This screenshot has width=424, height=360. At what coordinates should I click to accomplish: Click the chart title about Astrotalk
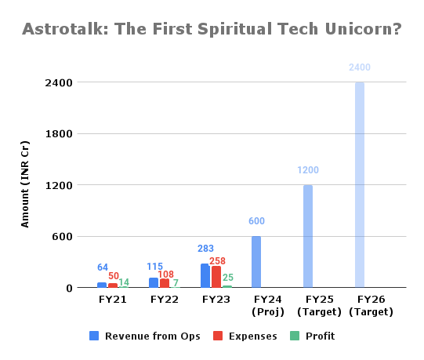pyautogui.click(x=212, y=30)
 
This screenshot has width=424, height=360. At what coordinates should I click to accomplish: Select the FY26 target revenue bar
pyautogui.click(x=360, y=185)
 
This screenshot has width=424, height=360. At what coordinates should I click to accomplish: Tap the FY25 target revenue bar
pyautogui.click(x=308, y=236)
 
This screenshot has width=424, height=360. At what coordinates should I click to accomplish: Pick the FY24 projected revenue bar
pyautogui.click(x=256, y=262)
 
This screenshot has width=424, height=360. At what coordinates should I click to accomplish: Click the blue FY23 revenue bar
pyautogui.click(x=205, y=276)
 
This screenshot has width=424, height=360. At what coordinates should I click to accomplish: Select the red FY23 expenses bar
pyautogui.click(x=216, y=277)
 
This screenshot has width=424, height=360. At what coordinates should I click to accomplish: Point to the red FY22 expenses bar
pyautogui.click(x=164, y=283)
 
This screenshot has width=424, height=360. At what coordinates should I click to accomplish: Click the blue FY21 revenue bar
pyautogui.click(x=102, y=285)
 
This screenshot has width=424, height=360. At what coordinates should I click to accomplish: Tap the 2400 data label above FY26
pyautogui.click(x=360, y=68)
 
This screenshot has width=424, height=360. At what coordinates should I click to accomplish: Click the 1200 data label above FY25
pyautogui.click(x=308, y=170)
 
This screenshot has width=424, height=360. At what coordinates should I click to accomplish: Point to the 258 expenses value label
pyautogui.click(x=219, y=260)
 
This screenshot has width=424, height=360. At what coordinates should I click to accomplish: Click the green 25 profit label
pyautogui.click(x=227, y=278)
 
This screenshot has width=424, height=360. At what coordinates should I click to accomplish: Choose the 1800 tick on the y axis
pyautogui.click(x=62, y=134)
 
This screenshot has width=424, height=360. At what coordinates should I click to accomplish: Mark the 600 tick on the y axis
pyautogui.click(x=65, y=236)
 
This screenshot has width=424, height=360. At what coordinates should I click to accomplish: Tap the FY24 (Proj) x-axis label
pyautogui.click(x=256, y=305)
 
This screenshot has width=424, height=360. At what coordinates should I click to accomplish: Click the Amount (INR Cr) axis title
pyautogui.click(x=26, y=185)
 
